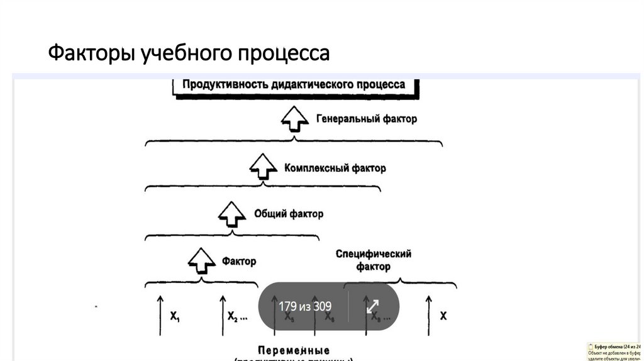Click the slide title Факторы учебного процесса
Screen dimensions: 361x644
pos(189,53)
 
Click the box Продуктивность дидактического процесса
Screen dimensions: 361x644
pos(294,85)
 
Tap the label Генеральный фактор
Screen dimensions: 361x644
pos(367,118)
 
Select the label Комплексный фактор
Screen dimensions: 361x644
pos(335,168)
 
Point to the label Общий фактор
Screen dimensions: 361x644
pos(289,214)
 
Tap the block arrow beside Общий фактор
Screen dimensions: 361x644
pos(231,214)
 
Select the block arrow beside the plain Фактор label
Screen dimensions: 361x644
pos(201,260)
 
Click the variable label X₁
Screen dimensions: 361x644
pos(175,316)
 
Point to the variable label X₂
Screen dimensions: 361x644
pos(236,316)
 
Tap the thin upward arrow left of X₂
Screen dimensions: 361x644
pos(222,314)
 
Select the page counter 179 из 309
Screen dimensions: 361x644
pos(305,306)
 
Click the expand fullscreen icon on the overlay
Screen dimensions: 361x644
pos(372,306)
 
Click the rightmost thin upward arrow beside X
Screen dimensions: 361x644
pos(428,314)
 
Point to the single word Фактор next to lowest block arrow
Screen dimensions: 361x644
pos(239,260)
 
